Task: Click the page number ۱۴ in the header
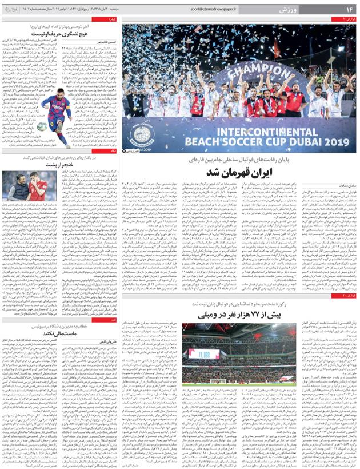click(x=348, y=11)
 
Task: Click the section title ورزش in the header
click(x=288, y=11)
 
